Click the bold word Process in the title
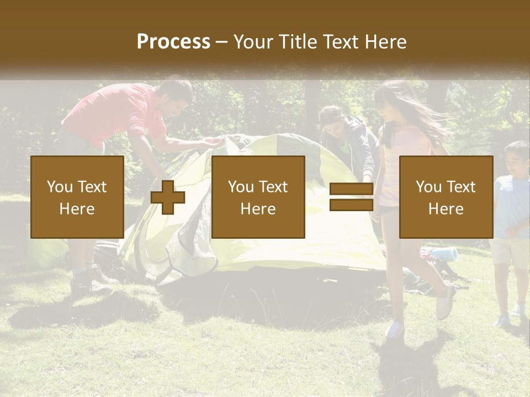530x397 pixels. pyautogui.click(x=173, y=41)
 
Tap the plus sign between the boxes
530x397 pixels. pyautogui.click(x=168, y=197)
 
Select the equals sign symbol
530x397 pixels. pyautogui.click(x=351, y=197)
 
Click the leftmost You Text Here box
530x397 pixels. pyautogui.click(x=77, y=197)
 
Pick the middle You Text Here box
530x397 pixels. pyautogui.click(x=258, y=197)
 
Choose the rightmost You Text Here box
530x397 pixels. pyautogui.click(x=446, y=197)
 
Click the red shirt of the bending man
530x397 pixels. pyautogui.click(x=116, y=110)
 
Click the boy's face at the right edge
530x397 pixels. pyautogui.click(x=517, y=160)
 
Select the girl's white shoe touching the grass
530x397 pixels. pyautogui.click(x=395, y=330)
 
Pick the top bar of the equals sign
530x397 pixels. pyautogui.click(x=351, y=189)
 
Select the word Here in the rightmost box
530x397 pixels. pyautogui.click(x=446, y=208)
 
